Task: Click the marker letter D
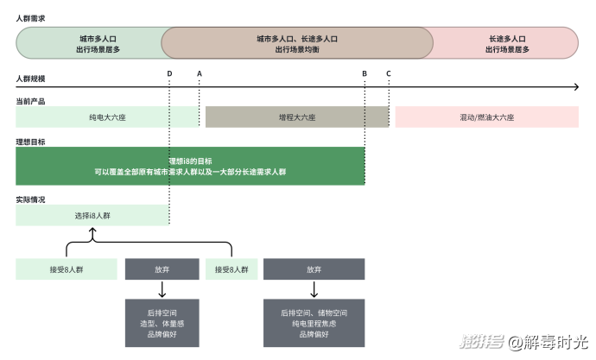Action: click(x=169, y=73)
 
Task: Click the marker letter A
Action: click(x=200, y=73)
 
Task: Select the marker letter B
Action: click(x=365, y=73)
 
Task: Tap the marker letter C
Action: click(x=389, y=73)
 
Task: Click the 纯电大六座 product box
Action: click(x=107, y=117)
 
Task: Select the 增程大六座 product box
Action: click(x=297, y=117)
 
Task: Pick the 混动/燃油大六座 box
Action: click(x=487, y=117)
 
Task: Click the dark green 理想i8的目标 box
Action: click(x=190, y=166)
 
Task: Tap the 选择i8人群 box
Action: click(x=92, y=215)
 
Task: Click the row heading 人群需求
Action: click(x=30, y=18)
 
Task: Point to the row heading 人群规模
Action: click(x=30, y=79)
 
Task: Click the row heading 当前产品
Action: click(x=30, y=101)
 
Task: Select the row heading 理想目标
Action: click(x=30, y=142)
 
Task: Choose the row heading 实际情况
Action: click(x=30, y=199)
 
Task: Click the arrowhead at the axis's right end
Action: click(x=577, y=87)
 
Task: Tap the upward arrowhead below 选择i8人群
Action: click(x=92, y=230)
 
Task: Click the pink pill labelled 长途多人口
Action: click(x=505, y=43)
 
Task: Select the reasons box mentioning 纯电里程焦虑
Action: click(x=314, y=323)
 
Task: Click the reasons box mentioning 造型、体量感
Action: click(x=162, y=323)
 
